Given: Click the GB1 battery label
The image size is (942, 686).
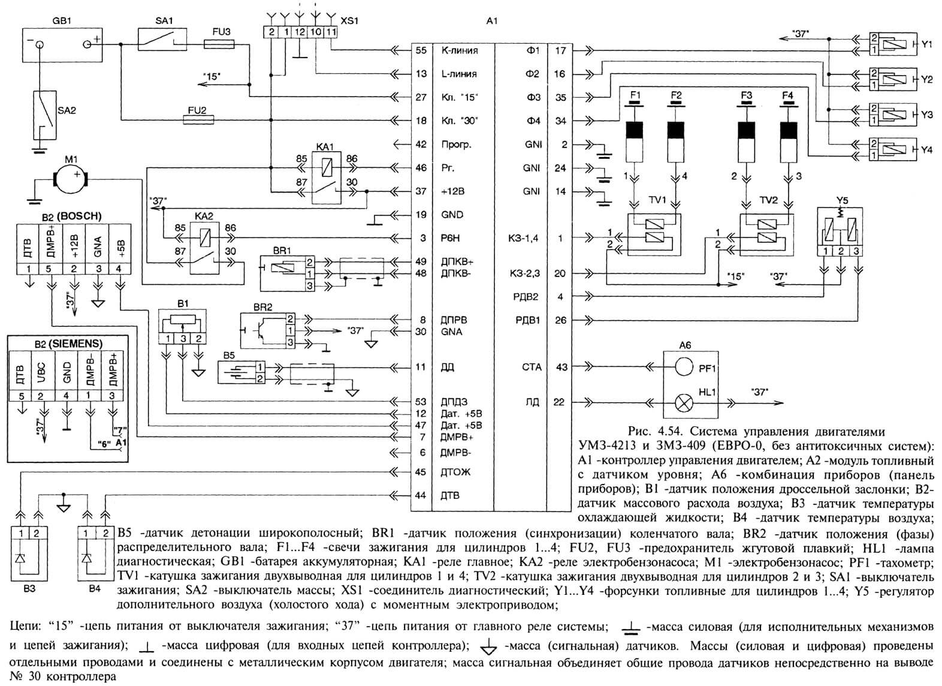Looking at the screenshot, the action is click(x=62, y=20).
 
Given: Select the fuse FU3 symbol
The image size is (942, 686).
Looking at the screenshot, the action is click(x=219, y=44).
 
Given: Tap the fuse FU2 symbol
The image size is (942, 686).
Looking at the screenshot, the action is click(x=198, y=121).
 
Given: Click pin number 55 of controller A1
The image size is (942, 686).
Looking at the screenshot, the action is click(x=421, y=50).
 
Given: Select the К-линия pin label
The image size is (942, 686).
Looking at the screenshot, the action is click(x=460, y=50).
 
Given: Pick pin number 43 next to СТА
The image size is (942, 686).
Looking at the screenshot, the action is click(x=561, y=367).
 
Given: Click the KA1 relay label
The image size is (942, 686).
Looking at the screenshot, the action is click(x=324, y=146).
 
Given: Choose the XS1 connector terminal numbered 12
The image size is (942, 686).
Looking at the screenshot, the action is click(x=300, y=32).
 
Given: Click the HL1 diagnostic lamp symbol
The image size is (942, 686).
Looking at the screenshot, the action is click(x=684, y=403).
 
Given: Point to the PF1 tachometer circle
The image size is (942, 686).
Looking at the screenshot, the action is click(x=684, y=368).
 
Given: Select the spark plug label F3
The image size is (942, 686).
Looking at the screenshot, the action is click(x=747, y=95).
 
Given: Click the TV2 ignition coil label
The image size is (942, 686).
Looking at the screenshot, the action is click(x=769, y=200).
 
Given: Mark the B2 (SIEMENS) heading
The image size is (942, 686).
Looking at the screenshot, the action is click(x=68, y=344).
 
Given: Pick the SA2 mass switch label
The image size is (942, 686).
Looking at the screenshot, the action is click(x=67, y=111).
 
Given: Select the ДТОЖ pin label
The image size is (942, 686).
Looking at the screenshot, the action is click(x=455, y=472).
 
